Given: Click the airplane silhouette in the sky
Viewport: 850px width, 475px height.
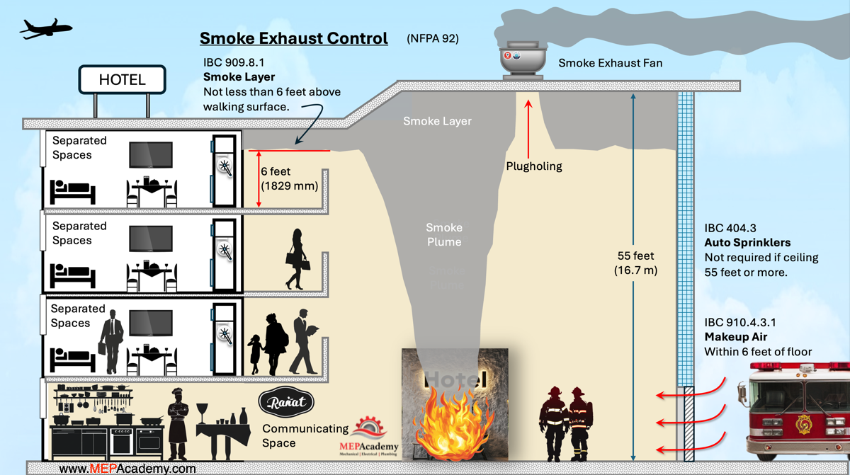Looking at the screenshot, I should click(x=46, y=28).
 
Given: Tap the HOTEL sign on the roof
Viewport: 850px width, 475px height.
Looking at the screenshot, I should click(x=122, y=80).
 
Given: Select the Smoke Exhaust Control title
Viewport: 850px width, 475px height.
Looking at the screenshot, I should click(x=293, y=38).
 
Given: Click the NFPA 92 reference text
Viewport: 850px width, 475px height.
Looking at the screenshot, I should click(x=433, y=39).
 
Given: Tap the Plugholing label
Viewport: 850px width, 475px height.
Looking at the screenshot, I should click(x=534, y=166).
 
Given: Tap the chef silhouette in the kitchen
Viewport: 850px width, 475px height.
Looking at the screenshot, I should click(x=178, y=425).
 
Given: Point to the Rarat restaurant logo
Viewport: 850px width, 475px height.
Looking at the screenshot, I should click(x=287, y=403).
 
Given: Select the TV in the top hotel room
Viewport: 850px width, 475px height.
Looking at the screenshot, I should click(x=150, y=155).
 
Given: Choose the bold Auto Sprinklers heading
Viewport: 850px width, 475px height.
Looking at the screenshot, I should click(x=747, y=243).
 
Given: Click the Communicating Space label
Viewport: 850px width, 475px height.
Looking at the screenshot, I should click(x=305, y=435).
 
